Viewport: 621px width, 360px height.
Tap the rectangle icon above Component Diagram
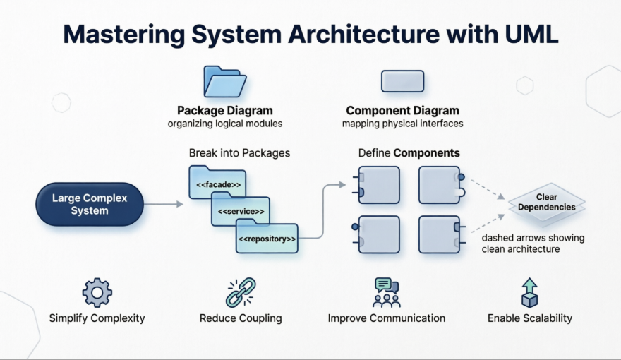[x=402, y=81]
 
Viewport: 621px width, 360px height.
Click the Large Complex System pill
[x=90, y=205]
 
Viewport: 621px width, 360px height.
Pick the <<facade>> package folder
[x=217, y=184]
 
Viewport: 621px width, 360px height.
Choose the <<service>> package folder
[x=241, y=211]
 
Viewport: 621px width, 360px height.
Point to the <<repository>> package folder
[x=267, y=239]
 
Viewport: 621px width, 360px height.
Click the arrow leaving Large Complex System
[x=163, y=205]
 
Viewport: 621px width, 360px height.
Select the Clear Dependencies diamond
[x=547, y=203]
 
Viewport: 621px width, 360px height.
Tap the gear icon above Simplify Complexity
[x=97, y=292]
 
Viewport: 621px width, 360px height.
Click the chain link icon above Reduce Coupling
[x=240, y=292]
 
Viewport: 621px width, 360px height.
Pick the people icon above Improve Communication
[x=386, y=292]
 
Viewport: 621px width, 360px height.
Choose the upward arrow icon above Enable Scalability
[x=529, y=292]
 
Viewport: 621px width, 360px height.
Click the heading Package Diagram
[x=224, y=111]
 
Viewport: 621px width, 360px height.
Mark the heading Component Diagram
[x=402, y=111]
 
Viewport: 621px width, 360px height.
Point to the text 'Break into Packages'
[x=239, y=153]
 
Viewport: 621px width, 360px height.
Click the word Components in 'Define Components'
[x=426, y=153]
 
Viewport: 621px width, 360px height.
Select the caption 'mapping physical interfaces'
[x=402, y=124]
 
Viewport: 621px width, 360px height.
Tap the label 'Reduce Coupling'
[x=241, y=318]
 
